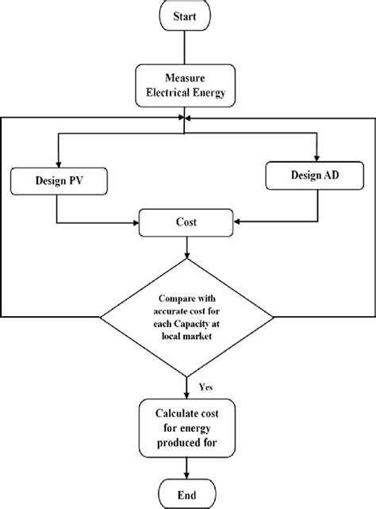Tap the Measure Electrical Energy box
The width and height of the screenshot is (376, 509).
point(185,86)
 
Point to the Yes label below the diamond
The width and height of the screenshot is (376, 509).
point(205,387)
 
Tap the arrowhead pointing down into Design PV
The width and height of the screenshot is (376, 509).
point(56,162)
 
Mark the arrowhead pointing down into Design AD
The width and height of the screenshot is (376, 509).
point(317,156)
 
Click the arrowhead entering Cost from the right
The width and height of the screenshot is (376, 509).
point(236,222)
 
